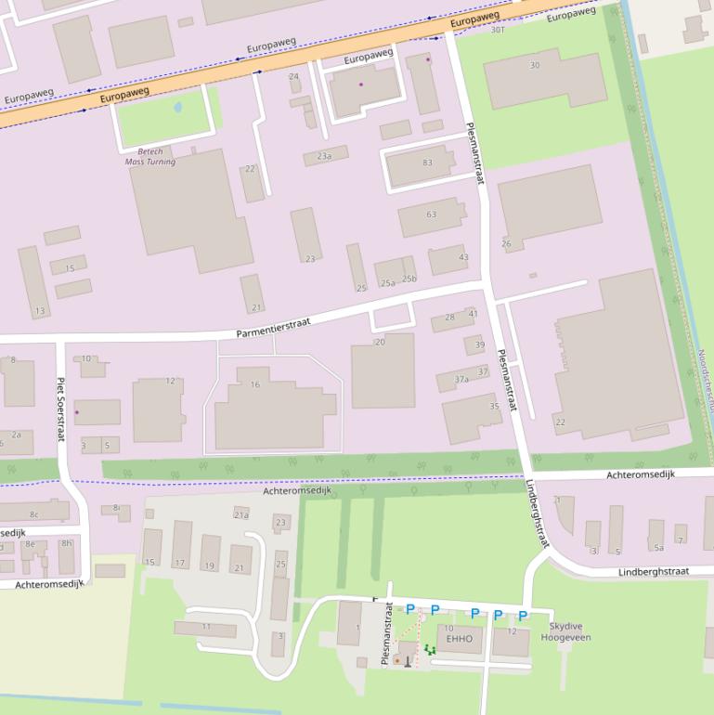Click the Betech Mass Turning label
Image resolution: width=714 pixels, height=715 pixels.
pyautogui.click(x=149, y=156)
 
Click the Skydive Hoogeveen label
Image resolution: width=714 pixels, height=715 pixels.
pyautogui.click(x=565, y=632)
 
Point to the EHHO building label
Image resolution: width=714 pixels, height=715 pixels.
pyautogui.click(x=460, y=639)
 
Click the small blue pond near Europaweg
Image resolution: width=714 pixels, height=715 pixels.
pyautogui.click(x=178, y=108)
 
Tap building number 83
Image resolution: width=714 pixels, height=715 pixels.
pyautogui.click(x=427, y=162)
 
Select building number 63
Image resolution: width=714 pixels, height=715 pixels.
pyautogui.click(x=431, y=214)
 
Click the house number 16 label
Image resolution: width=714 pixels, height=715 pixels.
pyautogui.click(x=255, y=384)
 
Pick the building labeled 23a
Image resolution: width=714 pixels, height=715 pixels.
pyautogui.click(x=324, y=156)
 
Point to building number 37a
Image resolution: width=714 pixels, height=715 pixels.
pyautogui.click(x=461, y=379)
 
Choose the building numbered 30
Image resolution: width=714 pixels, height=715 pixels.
pyautogui.click(x=534, y=65)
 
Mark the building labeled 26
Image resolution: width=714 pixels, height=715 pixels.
pyautogui.click(x=506, y=244)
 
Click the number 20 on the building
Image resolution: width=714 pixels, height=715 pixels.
pyautogui.click(x=380, y=343)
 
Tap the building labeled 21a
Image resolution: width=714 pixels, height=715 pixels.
pyautogui.click(x=241, y=514)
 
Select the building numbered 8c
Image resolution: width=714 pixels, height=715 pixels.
pyautogui.click(x=34, y=514)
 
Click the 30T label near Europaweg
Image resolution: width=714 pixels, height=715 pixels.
pyautogui.click(x=498, y=30)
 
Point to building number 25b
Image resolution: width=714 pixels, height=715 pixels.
pyautogui.click(x=409, y=279)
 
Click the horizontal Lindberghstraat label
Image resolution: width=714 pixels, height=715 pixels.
pyautogui.click(x=653, y=572)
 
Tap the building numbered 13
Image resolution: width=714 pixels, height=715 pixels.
pyautogui.click(x=39, y=310)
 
